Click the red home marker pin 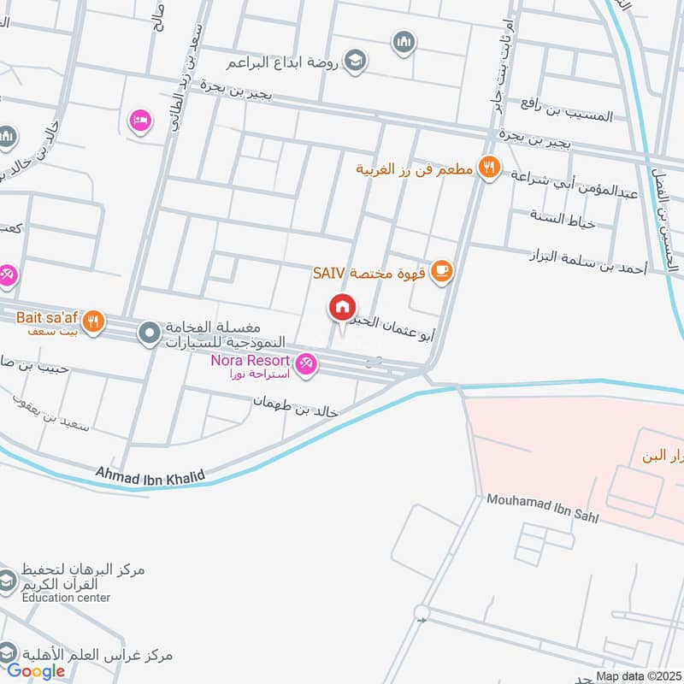[343, 306]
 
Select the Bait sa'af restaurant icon [96, 322]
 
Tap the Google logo [36, 671]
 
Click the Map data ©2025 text [639, 676]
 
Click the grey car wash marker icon [150, 330]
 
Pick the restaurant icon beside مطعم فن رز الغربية [489, 168]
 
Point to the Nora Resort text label [251, 361]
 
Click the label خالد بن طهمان [297, 405]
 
